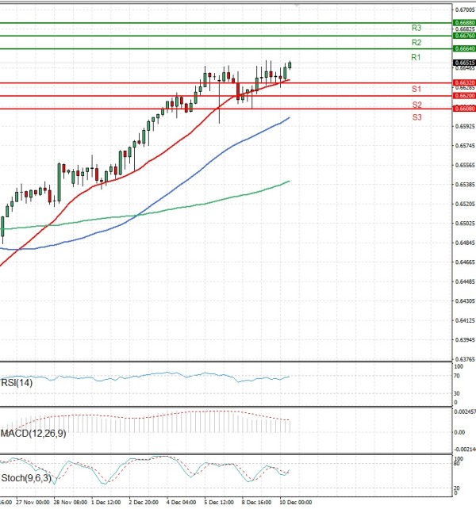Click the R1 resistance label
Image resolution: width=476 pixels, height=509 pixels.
coord(416,58)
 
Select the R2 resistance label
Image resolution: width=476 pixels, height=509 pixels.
coord(416,42)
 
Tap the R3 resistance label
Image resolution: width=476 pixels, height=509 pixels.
coord(416,28)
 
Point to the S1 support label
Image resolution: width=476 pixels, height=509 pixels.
coord(416,89)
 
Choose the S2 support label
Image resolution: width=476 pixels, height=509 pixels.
coord(416,105)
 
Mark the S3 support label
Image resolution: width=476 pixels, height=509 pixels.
coord(416,117)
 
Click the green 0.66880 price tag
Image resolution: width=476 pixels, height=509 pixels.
coord(464,23)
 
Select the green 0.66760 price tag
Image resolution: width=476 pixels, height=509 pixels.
coord(464,36)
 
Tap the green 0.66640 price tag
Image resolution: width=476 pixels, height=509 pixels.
coord(464,49)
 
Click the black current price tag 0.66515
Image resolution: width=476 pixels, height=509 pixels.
coord(464,63)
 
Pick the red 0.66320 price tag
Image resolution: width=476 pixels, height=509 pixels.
coord(464,82)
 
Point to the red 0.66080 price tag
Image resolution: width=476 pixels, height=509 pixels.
coord(464,109)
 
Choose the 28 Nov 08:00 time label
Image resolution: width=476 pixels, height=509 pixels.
coord(70,502)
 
